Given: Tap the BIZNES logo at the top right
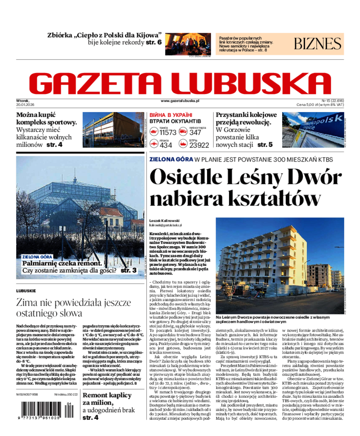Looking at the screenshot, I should coord(318,44).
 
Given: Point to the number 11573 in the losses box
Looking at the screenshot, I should coord(168,132).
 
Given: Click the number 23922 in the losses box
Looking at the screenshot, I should coord(199,145).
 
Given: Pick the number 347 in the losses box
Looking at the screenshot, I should coord(195,132).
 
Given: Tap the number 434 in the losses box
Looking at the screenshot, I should coord(166,145).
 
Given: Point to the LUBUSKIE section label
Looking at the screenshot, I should coord(26,291).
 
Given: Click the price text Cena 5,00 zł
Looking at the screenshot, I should coord(314,104).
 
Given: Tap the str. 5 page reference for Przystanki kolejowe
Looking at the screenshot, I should coord(265,145).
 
